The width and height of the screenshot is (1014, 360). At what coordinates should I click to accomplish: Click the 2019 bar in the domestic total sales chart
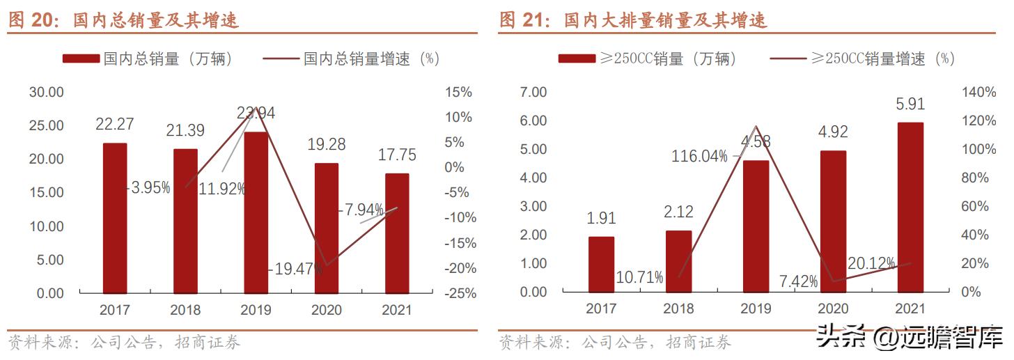pos(256,212)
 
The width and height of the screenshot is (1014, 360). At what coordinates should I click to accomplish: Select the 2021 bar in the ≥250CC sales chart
pos(910,208)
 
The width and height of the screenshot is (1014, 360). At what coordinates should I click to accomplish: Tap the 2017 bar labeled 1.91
pos(601,264)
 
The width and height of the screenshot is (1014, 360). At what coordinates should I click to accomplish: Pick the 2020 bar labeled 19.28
pos(326,228)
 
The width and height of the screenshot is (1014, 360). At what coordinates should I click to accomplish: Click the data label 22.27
pos(115,124)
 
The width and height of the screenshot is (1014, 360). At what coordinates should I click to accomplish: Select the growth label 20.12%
pos(871,263)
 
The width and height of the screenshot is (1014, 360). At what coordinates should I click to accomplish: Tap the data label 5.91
pos(910,104)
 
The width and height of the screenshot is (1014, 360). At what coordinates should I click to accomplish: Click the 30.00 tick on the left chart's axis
pos(46,92)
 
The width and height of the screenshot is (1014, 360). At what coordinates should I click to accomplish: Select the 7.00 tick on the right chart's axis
pos(533,92)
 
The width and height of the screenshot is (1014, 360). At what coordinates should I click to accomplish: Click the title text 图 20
pos(34,20)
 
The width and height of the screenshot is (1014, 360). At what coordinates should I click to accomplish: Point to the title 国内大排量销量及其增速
pos(665,20)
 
